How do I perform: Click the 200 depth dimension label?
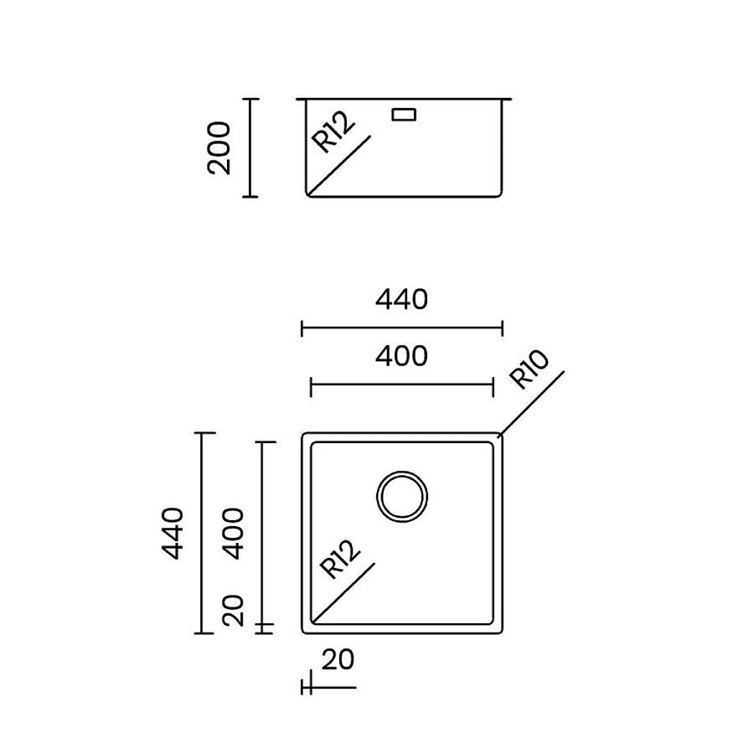point(219,147)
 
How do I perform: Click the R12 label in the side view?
point(334,132)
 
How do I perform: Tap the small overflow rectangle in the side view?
point(405,113)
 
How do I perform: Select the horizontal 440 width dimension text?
point(401,299)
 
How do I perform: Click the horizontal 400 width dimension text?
point(401,356)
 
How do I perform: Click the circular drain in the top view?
point(402,495)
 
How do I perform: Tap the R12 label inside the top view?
point(340,560)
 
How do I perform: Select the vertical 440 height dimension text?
point(173,533)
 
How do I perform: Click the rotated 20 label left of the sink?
point(235,610)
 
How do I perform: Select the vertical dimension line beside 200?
point(249,147)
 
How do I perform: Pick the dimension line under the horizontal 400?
point(401,385)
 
